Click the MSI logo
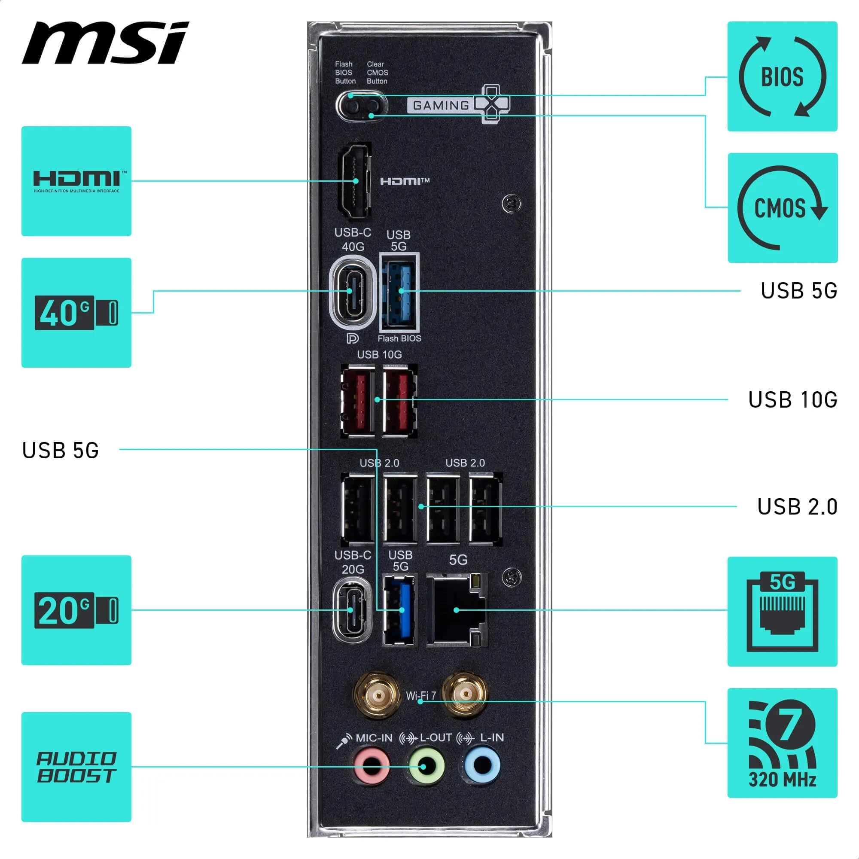click(105, 43)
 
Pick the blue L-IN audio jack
click(482, 765)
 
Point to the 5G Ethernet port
click(456, 609)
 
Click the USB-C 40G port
click(353, 292)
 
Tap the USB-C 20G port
click(352, 609)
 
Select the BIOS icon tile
click(782, 76)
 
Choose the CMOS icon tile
click(782, 207)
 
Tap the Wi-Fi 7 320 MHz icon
click(782, 743)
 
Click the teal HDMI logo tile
click(76, 181)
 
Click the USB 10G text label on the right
click(792, 400)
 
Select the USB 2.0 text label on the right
click(797, 506)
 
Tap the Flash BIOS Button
click(353, 106)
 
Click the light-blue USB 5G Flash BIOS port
click(400, 292)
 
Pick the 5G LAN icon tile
click(782, 611)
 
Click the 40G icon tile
click(76, 313)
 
